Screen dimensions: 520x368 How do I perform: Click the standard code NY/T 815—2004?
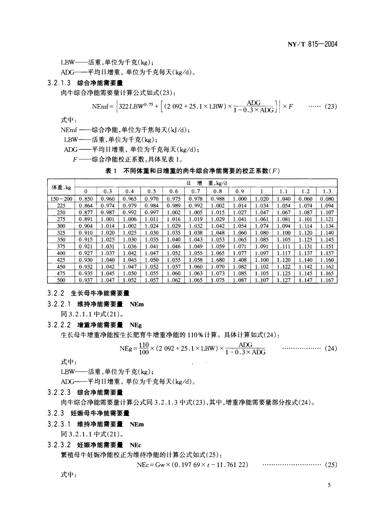(312, 44)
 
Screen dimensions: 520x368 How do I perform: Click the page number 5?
(329, 485)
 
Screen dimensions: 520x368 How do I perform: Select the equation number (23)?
(331, 107)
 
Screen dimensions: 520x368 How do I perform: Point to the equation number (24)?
(331, 348)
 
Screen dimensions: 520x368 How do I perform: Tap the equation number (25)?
(331, 465)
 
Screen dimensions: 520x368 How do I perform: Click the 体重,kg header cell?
(61, 187)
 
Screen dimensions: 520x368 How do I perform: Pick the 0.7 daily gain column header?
(196, 191)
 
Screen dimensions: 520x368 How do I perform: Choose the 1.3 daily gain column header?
(327, 191)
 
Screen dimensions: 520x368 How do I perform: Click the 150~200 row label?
(61, 199)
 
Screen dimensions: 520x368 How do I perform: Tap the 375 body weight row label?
(61, 246)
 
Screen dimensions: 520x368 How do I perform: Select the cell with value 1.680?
(218, 260)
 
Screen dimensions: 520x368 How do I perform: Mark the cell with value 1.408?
(240, 260)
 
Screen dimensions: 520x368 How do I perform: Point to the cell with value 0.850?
(86, 199)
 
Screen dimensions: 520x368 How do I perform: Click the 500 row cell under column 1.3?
(327, 280)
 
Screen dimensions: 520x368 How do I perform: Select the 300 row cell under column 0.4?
(130, 226)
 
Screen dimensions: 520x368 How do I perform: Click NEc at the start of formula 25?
(142, 465)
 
